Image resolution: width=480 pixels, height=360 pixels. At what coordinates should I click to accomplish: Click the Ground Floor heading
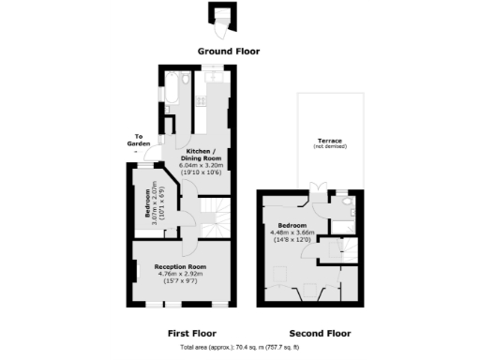click(x=229, y=51)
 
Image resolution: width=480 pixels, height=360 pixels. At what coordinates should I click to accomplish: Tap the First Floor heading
click(x=191, y=333)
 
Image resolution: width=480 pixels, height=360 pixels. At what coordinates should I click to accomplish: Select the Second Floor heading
click(x=320, y=333)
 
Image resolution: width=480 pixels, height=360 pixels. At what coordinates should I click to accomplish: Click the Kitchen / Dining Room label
click(x=201, y=155)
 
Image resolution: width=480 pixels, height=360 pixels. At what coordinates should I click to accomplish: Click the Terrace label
click(x=329, y=141)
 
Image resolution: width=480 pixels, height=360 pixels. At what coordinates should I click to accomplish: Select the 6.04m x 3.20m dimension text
click(x=201, y=165)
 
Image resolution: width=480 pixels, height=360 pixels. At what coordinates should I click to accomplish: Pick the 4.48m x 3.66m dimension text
click(x=294, y=232)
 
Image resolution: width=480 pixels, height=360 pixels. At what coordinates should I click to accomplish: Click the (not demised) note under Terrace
click(x=329, y=147)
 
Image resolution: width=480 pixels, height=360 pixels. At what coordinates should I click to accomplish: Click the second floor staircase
click(x=333, y=249)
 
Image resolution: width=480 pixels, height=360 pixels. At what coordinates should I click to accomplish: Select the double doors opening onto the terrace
click(x=322, y=195)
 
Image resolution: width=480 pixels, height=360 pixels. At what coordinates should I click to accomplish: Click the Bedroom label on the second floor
click(x=292, y=226)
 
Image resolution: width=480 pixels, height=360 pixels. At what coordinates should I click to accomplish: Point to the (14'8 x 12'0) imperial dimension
click(x=294, y=240)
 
